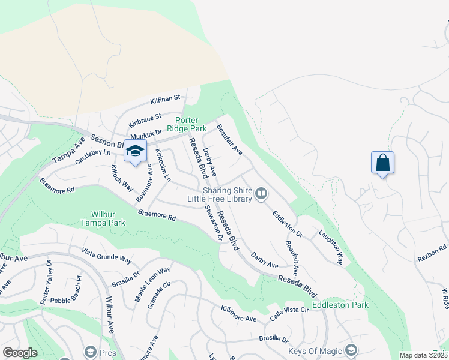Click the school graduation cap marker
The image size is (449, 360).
click(x=135, y=151)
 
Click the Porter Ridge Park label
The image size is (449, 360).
click(x=187, y=125)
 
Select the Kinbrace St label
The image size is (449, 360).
click(x=145, y=119)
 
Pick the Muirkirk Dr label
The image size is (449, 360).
click(x=146, y=133)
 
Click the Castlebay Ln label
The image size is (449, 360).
click(x=94, y=157)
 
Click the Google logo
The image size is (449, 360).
click(x=20, y=353)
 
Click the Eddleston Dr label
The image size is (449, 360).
click(x=287, y=223)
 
